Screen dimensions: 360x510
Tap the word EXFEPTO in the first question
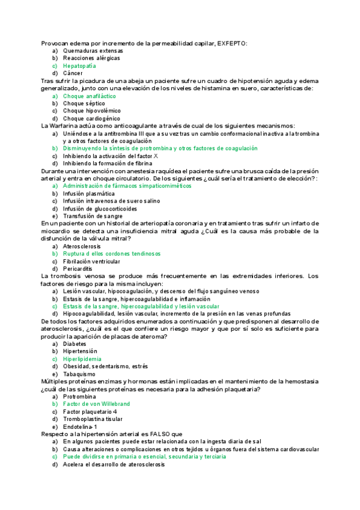tap(232, 43)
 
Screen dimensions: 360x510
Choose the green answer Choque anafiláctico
tap(89, 96)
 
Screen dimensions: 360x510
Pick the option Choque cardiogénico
tap(91, 118)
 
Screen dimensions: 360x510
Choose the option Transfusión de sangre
tap(93, 216)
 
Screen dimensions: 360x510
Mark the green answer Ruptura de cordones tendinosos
tap(112, 254)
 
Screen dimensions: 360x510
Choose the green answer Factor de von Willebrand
tap(96, 404)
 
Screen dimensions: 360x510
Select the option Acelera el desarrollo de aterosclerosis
tap(114, 464)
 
